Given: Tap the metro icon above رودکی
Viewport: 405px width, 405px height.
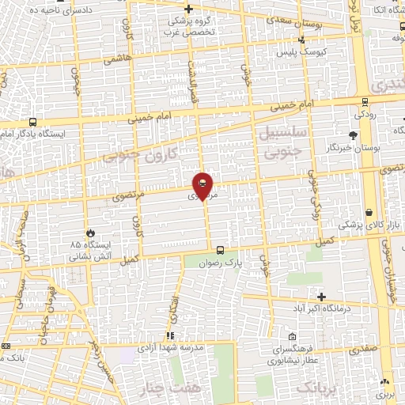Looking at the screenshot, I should coord(364,101).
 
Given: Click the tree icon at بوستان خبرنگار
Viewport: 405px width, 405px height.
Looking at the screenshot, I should coord(352,135).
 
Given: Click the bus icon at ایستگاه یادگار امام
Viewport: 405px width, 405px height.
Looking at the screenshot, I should coord(32,123).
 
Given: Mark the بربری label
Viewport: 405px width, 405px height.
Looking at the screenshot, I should coord(385,393).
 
